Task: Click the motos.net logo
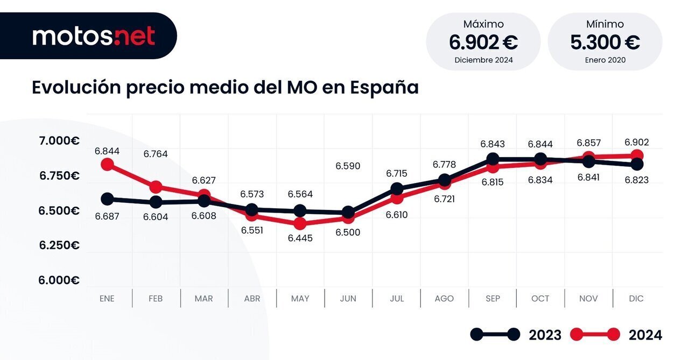pyautogui.click(x=94, y=36)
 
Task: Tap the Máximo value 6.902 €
pyautogui.click(x=483, y=42)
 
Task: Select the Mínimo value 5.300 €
pyautogui.click(x=605, y=42)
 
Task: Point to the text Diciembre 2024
pyautogui.click(x=483, y=60)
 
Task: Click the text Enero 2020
pyautogui.click(x=605, y=60)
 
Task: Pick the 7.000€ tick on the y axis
pyautogui.click(x=59, y=141)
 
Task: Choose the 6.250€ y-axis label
pyautogui.click(x=59, y=245)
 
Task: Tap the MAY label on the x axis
pyautogui.click(x=300, y=299)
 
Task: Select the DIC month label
pyautogui.click(x=636, y=299)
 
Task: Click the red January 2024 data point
pyautogui.click(x=107, y=164)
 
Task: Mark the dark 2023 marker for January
pyautogui.click(x=107, y=199)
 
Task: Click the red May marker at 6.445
pyautogui.click(x=300, y=224)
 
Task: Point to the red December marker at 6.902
pyautogui.click(x=636, y=156)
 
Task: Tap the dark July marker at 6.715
pyautogui.click(x=397, y=189)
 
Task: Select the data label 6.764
pyautogui.click(x=155, y=154)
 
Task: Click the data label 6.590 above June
pyautogui.click(x=348, y=166)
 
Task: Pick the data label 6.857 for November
pyautogui.click(x=588, y=143)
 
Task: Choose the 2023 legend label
pyautogui.click(x=545, y=335)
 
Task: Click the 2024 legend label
pyautogui.click(x=645, y=335)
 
